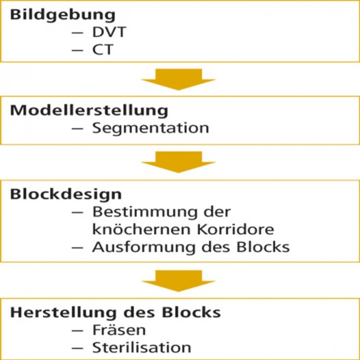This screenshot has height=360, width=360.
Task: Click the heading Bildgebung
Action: point(63,16)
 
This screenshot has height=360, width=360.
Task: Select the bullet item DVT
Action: point(109,32)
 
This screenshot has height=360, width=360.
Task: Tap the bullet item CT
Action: point(102,49)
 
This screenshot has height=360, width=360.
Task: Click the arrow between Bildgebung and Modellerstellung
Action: point(178,79)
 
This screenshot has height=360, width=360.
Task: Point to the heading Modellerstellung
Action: point(89,111)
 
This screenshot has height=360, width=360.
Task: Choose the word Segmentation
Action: point(150,128)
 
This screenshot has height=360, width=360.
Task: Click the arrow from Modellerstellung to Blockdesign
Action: point(178,162)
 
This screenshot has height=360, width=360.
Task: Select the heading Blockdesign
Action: point(66,194)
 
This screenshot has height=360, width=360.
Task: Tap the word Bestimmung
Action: point(145,212)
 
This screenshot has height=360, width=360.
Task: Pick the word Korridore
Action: point(236,229)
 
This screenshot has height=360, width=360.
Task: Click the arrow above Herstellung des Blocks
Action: point(178,281)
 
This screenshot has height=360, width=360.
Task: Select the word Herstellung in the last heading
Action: point(63,313)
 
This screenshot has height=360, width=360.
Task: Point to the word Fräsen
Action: point(119,330)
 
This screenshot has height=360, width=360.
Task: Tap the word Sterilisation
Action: point(141,348)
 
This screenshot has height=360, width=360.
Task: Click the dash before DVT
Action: point(77,32)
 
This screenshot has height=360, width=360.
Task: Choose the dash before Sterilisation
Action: point(77,348)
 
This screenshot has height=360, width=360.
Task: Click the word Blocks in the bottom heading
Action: point(191,312)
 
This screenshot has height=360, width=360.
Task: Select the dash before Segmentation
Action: point(77,128)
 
